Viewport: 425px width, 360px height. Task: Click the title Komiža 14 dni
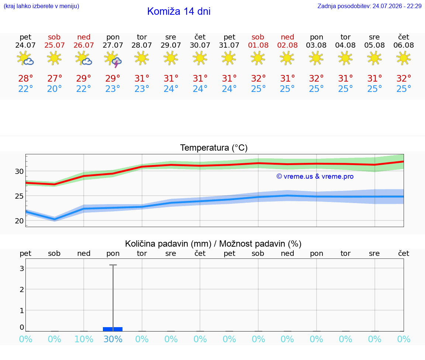pos(179,11)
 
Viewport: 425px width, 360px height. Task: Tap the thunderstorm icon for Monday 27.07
pos(113,59)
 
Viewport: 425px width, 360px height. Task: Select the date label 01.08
pos(258,45)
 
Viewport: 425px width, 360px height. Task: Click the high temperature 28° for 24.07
pos(25,78)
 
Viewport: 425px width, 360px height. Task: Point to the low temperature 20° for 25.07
pos(55,89)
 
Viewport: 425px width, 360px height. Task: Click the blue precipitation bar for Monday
pos(113,329)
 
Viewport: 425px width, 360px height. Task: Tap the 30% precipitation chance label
pos(113,339)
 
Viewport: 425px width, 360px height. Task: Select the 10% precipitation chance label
pos(84,339)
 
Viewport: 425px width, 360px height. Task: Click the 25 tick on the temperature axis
pos(19,196)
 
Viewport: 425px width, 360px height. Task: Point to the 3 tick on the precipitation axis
pos(22,268)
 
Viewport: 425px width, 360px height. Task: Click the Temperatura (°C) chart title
pos(214,148)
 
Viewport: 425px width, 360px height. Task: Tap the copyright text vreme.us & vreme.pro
pos(315,176)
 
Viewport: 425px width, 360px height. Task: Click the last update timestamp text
pos(369,6)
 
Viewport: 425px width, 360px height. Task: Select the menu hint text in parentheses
pos(41,6)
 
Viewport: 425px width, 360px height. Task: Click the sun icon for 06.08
pos(404,58)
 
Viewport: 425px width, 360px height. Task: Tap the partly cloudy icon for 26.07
pos(83,58)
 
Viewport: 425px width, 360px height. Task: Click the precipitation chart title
pos(213,244)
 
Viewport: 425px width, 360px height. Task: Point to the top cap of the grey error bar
pos(113,265)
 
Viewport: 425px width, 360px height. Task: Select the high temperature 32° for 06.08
pos(404,78)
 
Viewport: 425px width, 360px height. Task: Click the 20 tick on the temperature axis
pos(19,221)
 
